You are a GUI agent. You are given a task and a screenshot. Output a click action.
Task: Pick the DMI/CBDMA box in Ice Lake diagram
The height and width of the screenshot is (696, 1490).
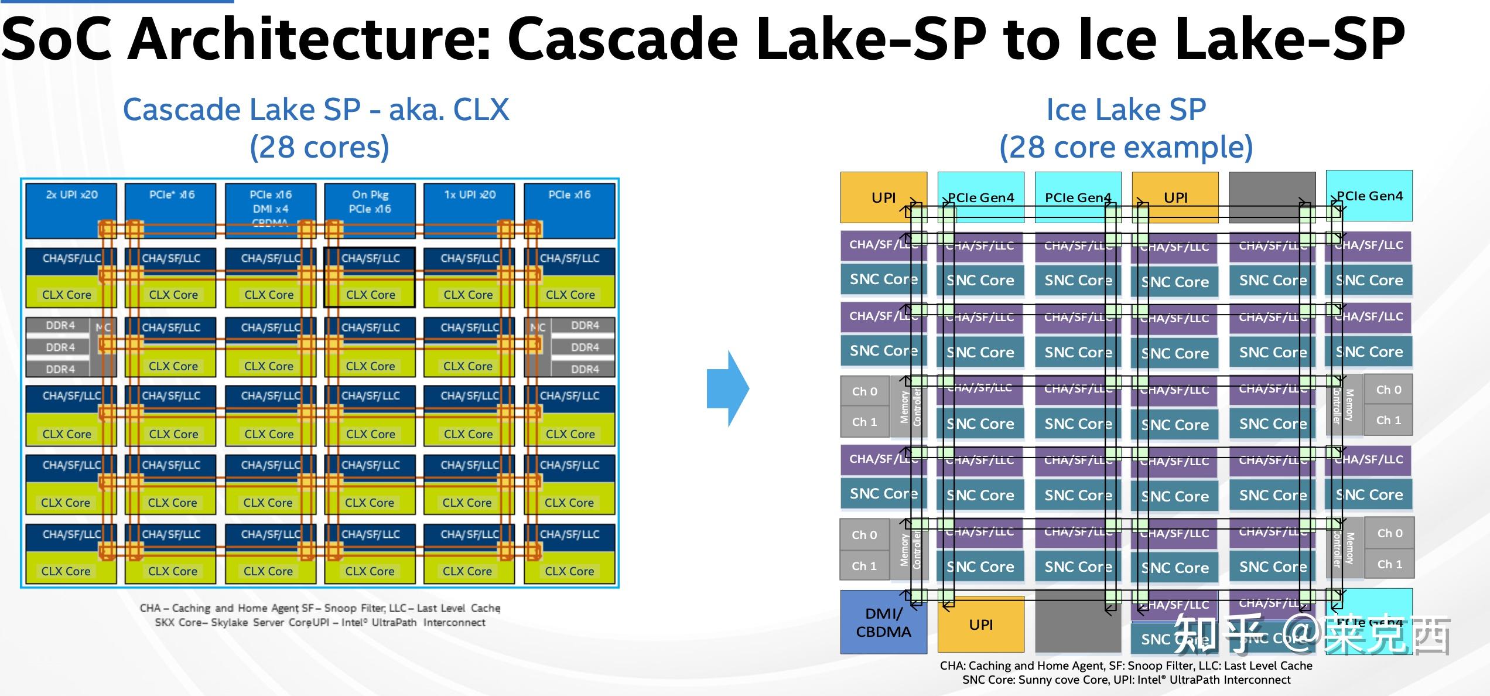click(x=883, y=622)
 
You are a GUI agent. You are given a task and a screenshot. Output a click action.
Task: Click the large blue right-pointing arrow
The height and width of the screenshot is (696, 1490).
click(x=728, y=388)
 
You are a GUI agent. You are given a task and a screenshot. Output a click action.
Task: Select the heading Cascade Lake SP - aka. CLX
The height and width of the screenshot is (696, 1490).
click(x=316, y=110)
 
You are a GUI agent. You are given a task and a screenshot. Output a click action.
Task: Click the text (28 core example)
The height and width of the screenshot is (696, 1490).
click(x=1126, y=146)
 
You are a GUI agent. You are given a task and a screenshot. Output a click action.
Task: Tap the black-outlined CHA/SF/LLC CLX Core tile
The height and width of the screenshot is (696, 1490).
click(x=370, y=277)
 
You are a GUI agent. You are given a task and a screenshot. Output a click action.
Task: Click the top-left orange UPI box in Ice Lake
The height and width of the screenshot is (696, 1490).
click(x=883, y=197)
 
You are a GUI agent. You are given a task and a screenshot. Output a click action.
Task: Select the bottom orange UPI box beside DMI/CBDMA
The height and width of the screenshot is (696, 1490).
click(x=980, y=625)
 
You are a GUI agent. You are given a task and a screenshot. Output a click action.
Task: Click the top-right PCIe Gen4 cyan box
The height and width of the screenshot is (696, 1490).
click(x=1369, y=196)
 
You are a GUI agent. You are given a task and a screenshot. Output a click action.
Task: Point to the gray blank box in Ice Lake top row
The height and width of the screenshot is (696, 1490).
click(x=1272, y=197)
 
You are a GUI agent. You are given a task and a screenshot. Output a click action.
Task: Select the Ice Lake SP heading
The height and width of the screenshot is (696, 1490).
click(x=1126, y=110)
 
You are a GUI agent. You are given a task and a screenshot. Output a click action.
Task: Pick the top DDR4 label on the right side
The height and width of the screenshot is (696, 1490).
click(x=585, y=325)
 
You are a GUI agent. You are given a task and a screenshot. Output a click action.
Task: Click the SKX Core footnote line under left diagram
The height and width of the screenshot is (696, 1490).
click(x=320, y=622)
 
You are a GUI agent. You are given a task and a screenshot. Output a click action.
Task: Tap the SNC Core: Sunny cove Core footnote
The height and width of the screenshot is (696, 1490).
click(x=1126, y=680)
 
